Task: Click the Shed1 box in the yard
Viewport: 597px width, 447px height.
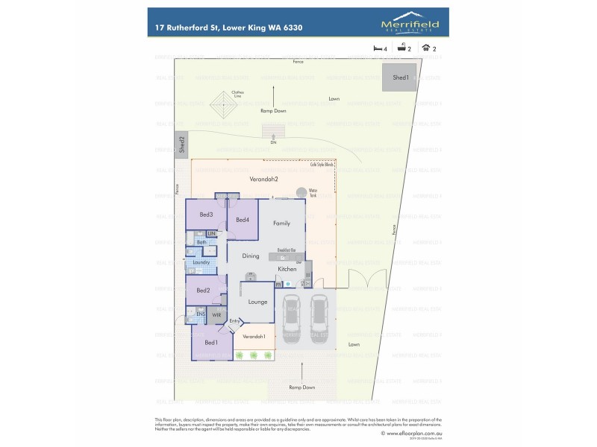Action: coord(400,77)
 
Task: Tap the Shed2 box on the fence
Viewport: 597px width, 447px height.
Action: coord(181,144)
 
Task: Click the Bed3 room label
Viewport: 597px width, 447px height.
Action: coord(206,215)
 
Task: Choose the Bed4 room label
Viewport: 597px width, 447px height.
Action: coord(242,220)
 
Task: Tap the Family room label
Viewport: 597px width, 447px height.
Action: coord(281,223)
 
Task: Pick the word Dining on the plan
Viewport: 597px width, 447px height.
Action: coord(250,256)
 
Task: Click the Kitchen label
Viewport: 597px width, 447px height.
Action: coord(287,269)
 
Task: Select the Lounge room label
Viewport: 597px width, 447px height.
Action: coord(257,302)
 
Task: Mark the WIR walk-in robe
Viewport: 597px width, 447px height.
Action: coord(216,316)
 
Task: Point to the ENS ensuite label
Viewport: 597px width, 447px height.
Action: coord(201,314)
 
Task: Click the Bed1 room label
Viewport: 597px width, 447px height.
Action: coord(211,343)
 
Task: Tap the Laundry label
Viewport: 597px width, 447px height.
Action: coord(201,262)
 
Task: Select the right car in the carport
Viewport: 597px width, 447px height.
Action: coord(319,315)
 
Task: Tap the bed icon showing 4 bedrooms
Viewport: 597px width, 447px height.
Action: coord(378,48)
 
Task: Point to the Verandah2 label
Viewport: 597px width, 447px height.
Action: coord(263,180)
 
